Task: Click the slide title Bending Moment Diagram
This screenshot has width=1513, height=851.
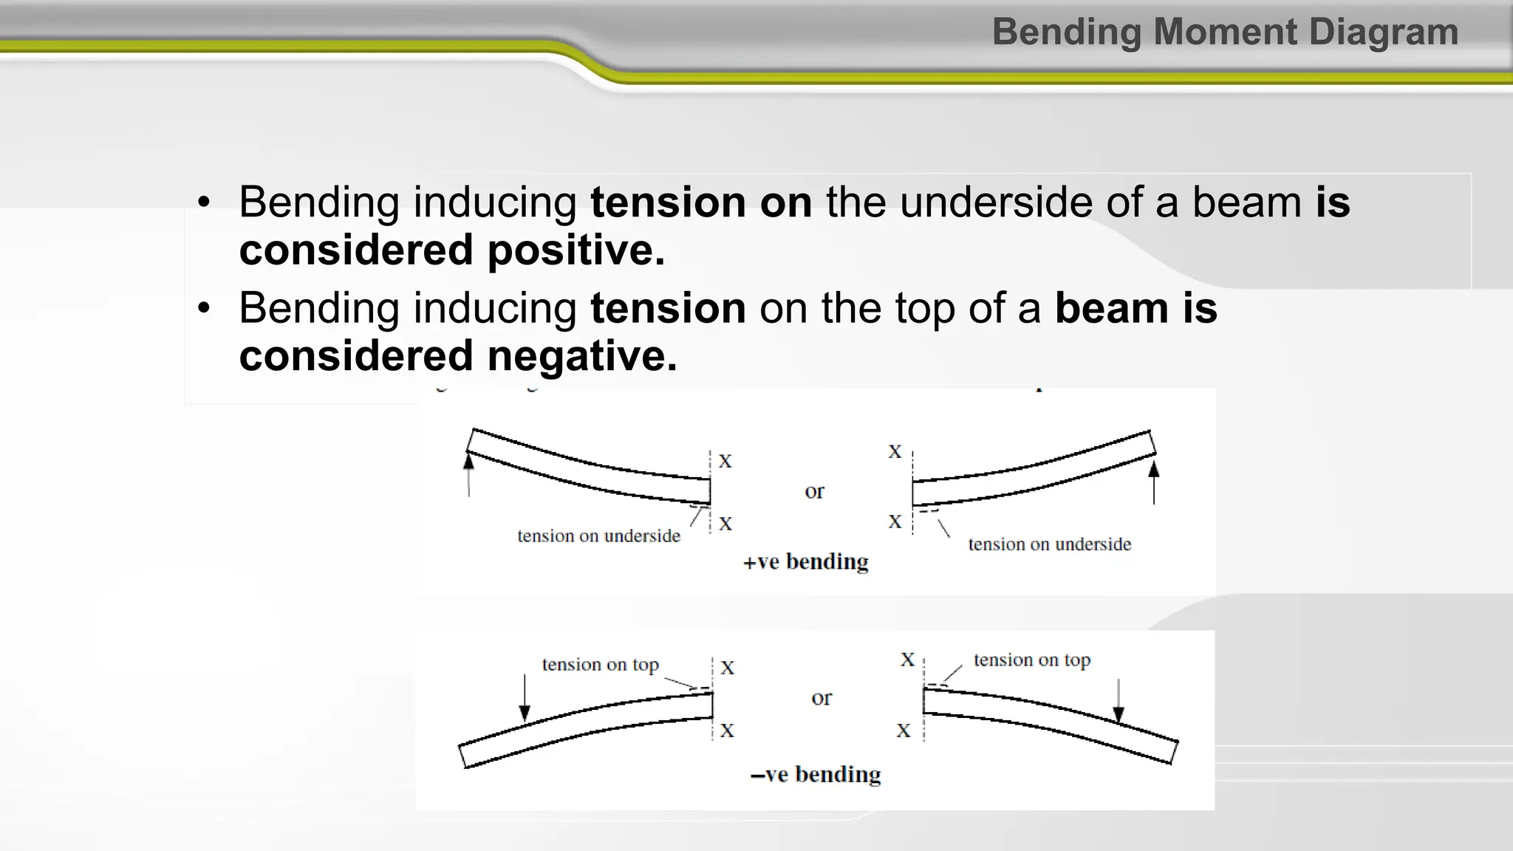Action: coord(1225,33)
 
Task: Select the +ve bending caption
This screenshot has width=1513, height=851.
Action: coord(805,562)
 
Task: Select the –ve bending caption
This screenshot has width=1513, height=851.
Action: coord(816,775)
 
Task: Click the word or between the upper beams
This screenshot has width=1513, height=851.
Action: coord(814,491)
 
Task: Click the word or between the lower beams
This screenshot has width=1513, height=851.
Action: coord(821,697)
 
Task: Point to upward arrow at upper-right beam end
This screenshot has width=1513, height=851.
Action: coord(1154,481)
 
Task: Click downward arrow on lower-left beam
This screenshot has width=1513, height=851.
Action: coord(525,699)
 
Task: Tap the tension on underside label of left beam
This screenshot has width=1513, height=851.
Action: coord(598,536)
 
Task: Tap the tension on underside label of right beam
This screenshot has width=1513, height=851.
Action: coord(1049,544)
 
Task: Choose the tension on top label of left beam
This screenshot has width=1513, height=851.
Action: coord(600,665)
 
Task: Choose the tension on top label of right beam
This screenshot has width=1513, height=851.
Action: coord(1031,660)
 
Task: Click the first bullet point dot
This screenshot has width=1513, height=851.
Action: coord(204,202)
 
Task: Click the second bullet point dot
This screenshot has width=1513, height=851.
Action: coord(204,308)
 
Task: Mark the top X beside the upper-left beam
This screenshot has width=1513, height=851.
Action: coord(725,462)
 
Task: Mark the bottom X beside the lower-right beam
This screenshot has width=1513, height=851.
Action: coord(904,731)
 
